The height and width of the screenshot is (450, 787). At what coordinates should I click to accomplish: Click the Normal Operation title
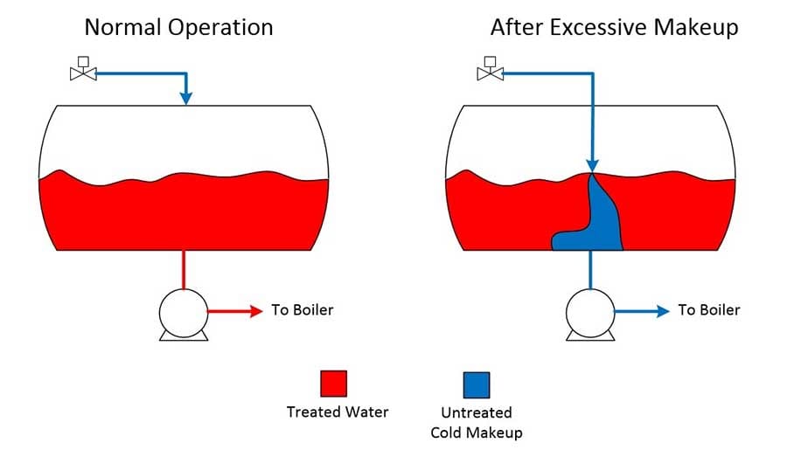click(178, 28)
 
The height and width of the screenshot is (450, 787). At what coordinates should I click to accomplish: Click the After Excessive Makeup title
click(615, 28)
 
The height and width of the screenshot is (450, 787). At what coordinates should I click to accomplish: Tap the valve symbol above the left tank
click(83, 69)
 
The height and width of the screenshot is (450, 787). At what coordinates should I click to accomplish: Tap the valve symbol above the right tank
click(490, 69)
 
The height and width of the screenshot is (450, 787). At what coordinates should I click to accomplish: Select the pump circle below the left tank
click(184, 313)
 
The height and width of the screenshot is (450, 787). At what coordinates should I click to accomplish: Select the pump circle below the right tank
click(590, 313)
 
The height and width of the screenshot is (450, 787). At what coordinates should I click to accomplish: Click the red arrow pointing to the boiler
click(235, 312)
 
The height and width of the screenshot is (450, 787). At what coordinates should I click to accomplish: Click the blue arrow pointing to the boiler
click(642, 312)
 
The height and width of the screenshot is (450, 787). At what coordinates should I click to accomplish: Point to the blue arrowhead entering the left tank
click(186, 98)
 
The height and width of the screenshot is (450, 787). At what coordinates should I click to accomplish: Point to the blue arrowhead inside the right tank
click(593, 166)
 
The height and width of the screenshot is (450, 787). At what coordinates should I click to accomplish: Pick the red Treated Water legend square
click(334, 384)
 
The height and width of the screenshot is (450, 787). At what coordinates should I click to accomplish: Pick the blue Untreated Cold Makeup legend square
click(477, 384)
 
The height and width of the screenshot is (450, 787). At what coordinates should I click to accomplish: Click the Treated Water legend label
click(338, 412)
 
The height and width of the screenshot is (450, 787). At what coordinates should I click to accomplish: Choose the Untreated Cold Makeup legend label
click(477, 422)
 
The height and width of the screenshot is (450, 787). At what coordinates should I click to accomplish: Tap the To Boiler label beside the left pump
click(303, 310)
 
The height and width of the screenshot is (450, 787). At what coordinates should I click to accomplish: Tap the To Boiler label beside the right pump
click(708, 310)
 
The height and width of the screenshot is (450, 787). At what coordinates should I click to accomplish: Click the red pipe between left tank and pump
click(184, 270)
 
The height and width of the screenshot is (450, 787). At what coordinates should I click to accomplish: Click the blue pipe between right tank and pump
click(590, 270)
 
